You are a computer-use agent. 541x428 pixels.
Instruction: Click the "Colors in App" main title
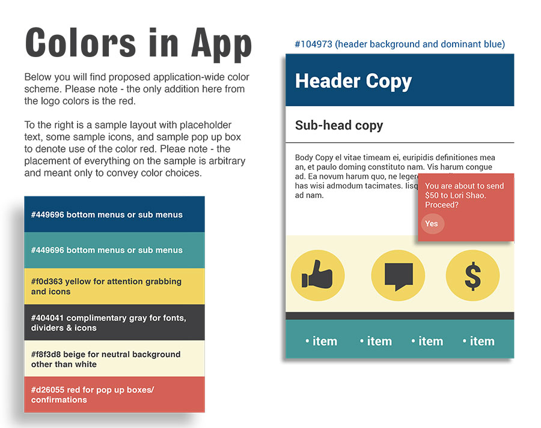[x=138, y=44]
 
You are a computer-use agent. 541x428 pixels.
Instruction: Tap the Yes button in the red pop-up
[x=432, y=224]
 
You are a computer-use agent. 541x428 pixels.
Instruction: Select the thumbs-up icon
[x=317, y=275]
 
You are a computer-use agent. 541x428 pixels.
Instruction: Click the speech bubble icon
[x=399, y=276]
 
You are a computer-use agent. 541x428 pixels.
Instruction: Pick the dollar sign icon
[x=472, y=276]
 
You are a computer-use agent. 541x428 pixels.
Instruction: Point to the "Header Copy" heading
[x=353, y=81]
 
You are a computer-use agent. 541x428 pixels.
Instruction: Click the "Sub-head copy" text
[x=339, y=125]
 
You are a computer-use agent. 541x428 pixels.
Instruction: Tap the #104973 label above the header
[x=400, y=44]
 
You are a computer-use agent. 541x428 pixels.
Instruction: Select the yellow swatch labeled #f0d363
[x=115, y=286]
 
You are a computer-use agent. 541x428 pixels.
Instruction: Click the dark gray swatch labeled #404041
[x=115, y=322]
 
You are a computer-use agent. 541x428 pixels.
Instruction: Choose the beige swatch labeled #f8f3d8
[x=115, y=359]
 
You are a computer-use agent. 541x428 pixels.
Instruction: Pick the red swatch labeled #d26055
[x=115, y=394]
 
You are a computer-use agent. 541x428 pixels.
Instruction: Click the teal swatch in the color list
[x=115, y=250]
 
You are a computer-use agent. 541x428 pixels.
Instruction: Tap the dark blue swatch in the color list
[x=115, y=214]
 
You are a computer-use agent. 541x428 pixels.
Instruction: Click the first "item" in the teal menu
[x=321, y=341]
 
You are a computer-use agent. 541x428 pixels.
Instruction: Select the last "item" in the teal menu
[x=478, y=341]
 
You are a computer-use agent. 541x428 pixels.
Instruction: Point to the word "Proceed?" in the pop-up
[x=442, y=205]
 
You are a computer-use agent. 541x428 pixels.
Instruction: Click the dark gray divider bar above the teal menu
[x=400, y=316]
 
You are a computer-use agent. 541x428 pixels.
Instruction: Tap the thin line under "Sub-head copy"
[x=400, y=142]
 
